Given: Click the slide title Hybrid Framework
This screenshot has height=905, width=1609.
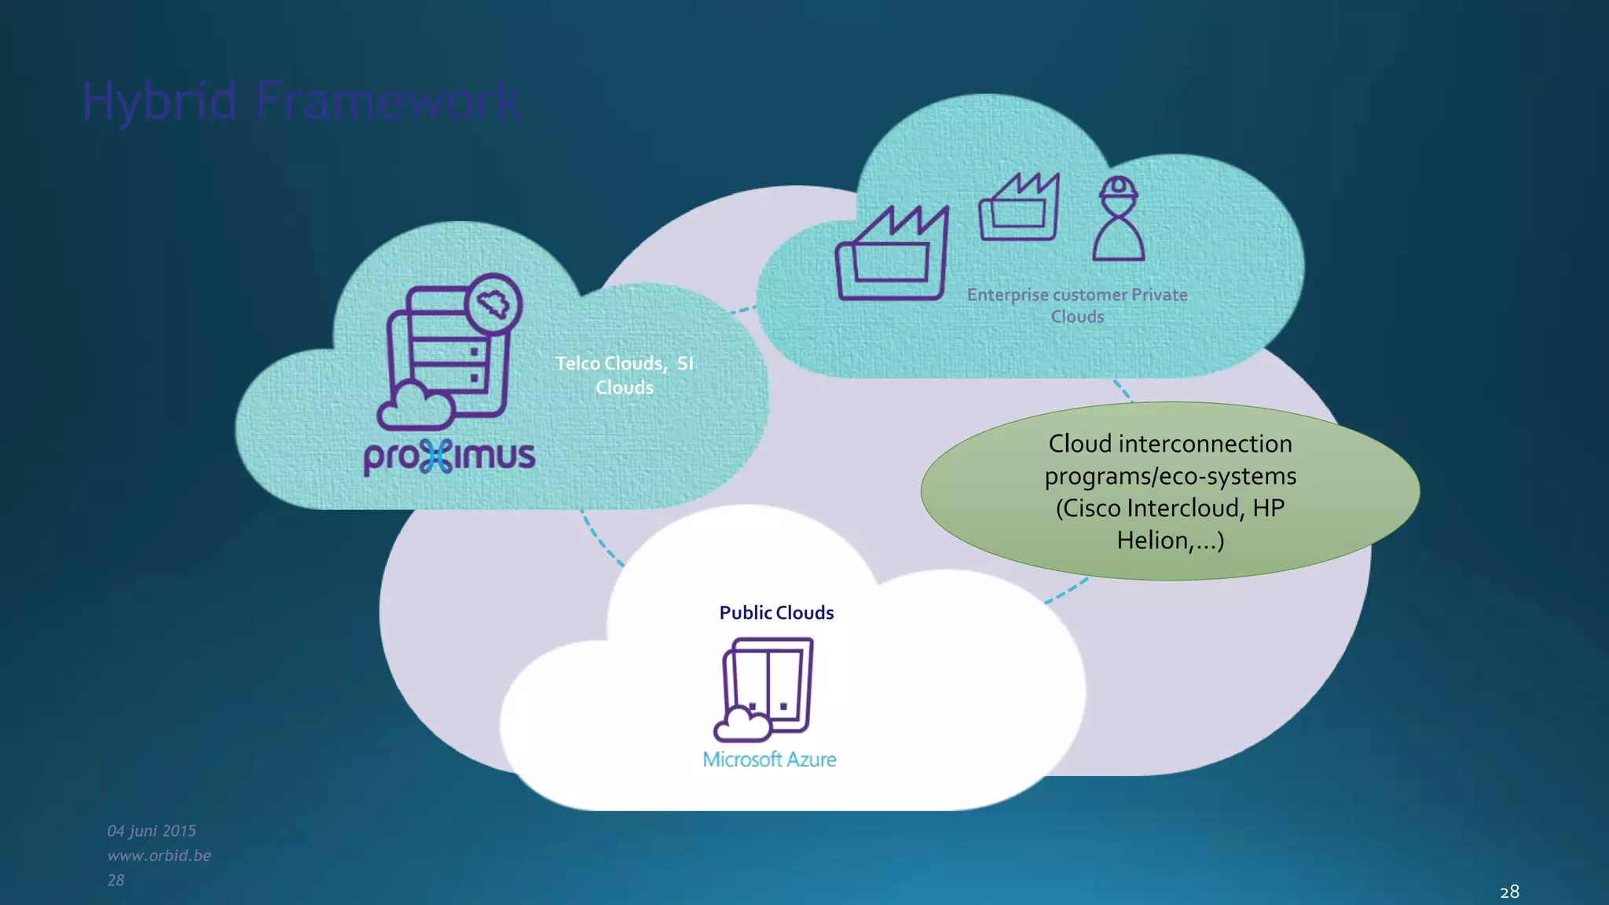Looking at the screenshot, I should click(x=301, y=101).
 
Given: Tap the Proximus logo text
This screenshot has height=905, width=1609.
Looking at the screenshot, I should click(x=449, y=456).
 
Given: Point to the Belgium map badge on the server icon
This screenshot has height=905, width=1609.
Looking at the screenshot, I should click(x=493, y=303).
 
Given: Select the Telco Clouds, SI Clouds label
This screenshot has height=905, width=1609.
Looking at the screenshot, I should click(x=625, y=375).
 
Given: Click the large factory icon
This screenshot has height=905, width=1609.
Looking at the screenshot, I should click(x=892, y=255).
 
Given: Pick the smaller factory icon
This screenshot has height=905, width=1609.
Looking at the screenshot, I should click(x=1019, y=207).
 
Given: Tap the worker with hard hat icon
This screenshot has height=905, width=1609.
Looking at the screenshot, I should click(x=1118, y=219).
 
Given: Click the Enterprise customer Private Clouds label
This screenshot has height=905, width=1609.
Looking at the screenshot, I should click(x=1077, y=305).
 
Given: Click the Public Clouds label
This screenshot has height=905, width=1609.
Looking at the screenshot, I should click(x=776, y=613).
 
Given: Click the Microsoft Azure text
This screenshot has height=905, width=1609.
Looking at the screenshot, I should click(x=769, y=760).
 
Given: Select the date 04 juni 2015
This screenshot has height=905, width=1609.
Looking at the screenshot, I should click(x=152, y=830).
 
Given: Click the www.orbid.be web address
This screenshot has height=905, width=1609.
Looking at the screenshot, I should click(x=159, y=855).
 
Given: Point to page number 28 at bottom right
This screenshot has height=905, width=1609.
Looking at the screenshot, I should click(x=1509, y=892).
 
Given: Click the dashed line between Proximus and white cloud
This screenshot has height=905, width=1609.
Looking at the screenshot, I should click(x=600, y=540).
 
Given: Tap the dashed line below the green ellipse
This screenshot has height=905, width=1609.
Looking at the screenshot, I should click(x=1067, y=592).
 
